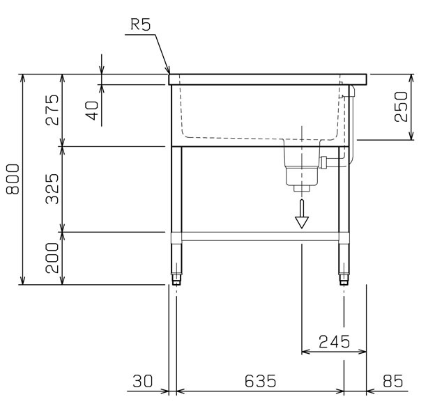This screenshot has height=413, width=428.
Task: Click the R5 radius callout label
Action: point(141,24)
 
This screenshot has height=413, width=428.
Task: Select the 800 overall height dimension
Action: point(13,179)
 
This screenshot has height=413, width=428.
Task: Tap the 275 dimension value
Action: point(52,109)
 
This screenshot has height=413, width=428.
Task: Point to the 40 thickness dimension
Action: point(92,111)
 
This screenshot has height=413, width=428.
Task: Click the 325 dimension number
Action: point(52,189)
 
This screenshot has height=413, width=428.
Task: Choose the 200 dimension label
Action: point(52,258)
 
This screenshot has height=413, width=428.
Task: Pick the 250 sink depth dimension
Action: point(401,107)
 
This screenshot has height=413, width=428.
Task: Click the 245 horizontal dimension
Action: point(335,341)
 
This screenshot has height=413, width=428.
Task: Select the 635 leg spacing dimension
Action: point(261,381)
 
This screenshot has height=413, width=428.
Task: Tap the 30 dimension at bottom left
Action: point(142,381)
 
